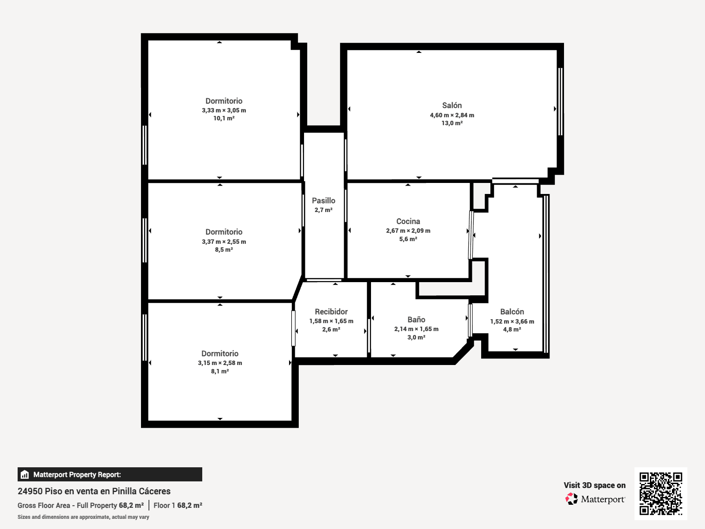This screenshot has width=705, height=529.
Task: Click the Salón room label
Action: click(452, 105)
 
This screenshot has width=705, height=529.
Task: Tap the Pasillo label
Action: click(323, 201)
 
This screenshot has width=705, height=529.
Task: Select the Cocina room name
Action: click(408, 221)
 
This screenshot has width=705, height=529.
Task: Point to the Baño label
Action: click(416, 320)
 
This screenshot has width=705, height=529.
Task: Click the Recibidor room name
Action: click(331, 312)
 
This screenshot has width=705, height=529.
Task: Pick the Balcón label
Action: click(512, 312)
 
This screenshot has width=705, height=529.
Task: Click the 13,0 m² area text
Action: click(452, 123)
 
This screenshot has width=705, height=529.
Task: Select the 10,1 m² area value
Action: click(224, 118)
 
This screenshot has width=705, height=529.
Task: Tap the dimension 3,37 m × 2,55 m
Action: click(224, 242)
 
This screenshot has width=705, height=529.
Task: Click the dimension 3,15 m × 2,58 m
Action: click(220, 363)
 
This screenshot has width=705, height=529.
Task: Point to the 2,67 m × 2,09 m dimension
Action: click(408, 231)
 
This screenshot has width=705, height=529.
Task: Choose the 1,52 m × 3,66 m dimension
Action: click(512, 321)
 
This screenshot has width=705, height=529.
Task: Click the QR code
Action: click(660, 494)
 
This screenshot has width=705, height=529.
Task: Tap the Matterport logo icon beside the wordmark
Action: click(571, 499)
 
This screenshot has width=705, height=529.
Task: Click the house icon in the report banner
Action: click(25, 474)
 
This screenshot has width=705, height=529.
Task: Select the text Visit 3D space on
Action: click(594, 485)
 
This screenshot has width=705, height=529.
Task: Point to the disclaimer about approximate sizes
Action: click(83, 517)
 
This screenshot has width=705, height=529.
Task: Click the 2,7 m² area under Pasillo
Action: click(323, 210)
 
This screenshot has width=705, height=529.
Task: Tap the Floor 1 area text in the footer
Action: click(178, 505)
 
